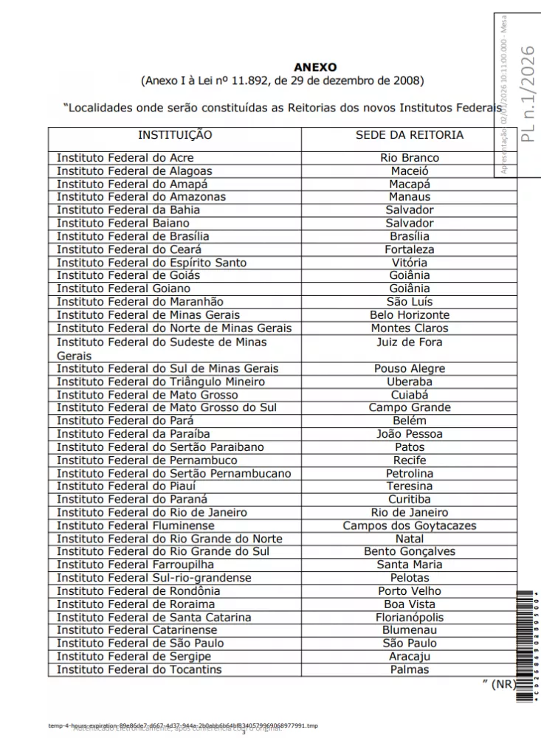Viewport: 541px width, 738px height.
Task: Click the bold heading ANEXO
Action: (314, 67)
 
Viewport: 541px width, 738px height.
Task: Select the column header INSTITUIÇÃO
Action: (175, 135)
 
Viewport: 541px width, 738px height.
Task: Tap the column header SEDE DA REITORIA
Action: (410, 135)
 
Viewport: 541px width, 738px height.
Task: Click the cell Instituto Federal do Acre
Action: (125, 158)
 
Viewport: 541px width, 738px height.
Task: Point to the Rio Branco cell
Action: (410, 158)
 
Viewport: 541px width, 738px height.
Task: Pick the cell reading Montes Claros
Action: (410, 328)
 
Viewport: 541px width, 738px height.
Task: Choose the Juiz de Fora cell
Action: (410, 342)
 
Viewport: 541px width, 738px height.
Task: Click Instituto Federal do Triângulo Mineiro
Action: (160, 382)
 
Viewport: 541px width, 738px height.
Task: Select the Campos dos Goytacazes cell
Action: (410, 526)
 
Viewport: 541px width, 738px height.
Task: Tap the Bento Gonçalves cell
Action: (410, 552)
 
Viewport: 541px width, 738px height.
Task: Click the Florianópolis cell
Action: (410, 618)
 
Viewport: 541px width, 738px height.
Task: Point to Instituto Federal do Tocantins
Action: (139, 670)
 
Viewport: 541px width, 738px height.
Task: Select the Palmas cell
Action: (410, 670)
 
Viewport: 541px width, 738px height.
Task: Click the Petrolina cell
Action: (410, 473)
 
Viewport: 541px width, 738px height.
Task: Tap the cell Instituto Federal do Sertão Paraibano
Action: (160, 447)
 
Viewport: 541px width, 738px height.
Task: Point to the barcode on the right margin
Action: (525, 646)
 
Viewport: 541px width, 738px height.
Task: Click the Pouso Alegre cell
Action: (410, 368)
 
